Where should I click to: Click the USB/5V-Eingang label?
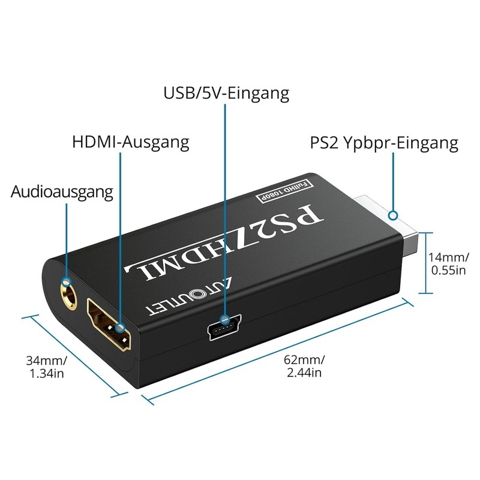[x=226, y=94]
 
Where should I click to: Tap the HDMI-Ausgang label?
[x=130, y=142]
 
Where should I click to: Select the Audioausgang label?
[x=62, y=193]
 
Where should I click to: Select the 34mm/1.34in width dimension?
[x=46, y=367]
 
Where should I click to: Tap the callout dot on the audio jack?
[x=66, y=280]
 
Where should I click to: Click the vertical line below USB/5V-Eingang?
[x=226, y=210]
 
